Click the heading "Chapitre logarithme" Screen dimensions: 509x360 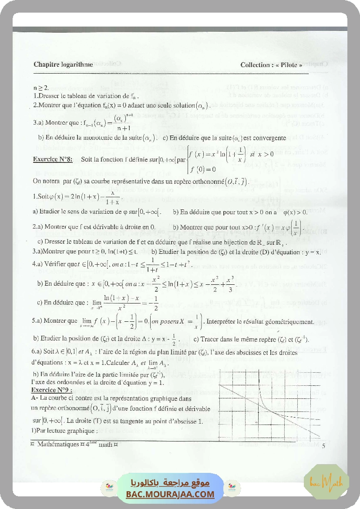[x=63, y=64]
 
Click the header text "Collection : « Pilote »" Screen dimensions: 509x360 [x=271, y=65]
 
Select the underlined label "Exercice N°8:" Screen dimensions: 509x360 [x=53, y=159]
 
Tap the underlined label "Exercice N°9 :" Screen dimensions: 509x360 [x=51, y=390]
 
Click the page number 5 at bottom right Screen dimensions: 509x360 [x=323, y=445]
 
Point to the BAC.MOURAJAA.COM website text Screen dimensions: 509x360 [x=170, y=494]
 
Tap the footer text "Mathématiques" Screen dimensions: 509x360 [x=57, y=445]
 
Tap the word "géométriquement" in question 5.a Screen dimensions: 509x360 [x=289, y=322]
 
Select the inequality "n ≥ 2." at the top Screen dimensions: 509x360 [x=41, y=88]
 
